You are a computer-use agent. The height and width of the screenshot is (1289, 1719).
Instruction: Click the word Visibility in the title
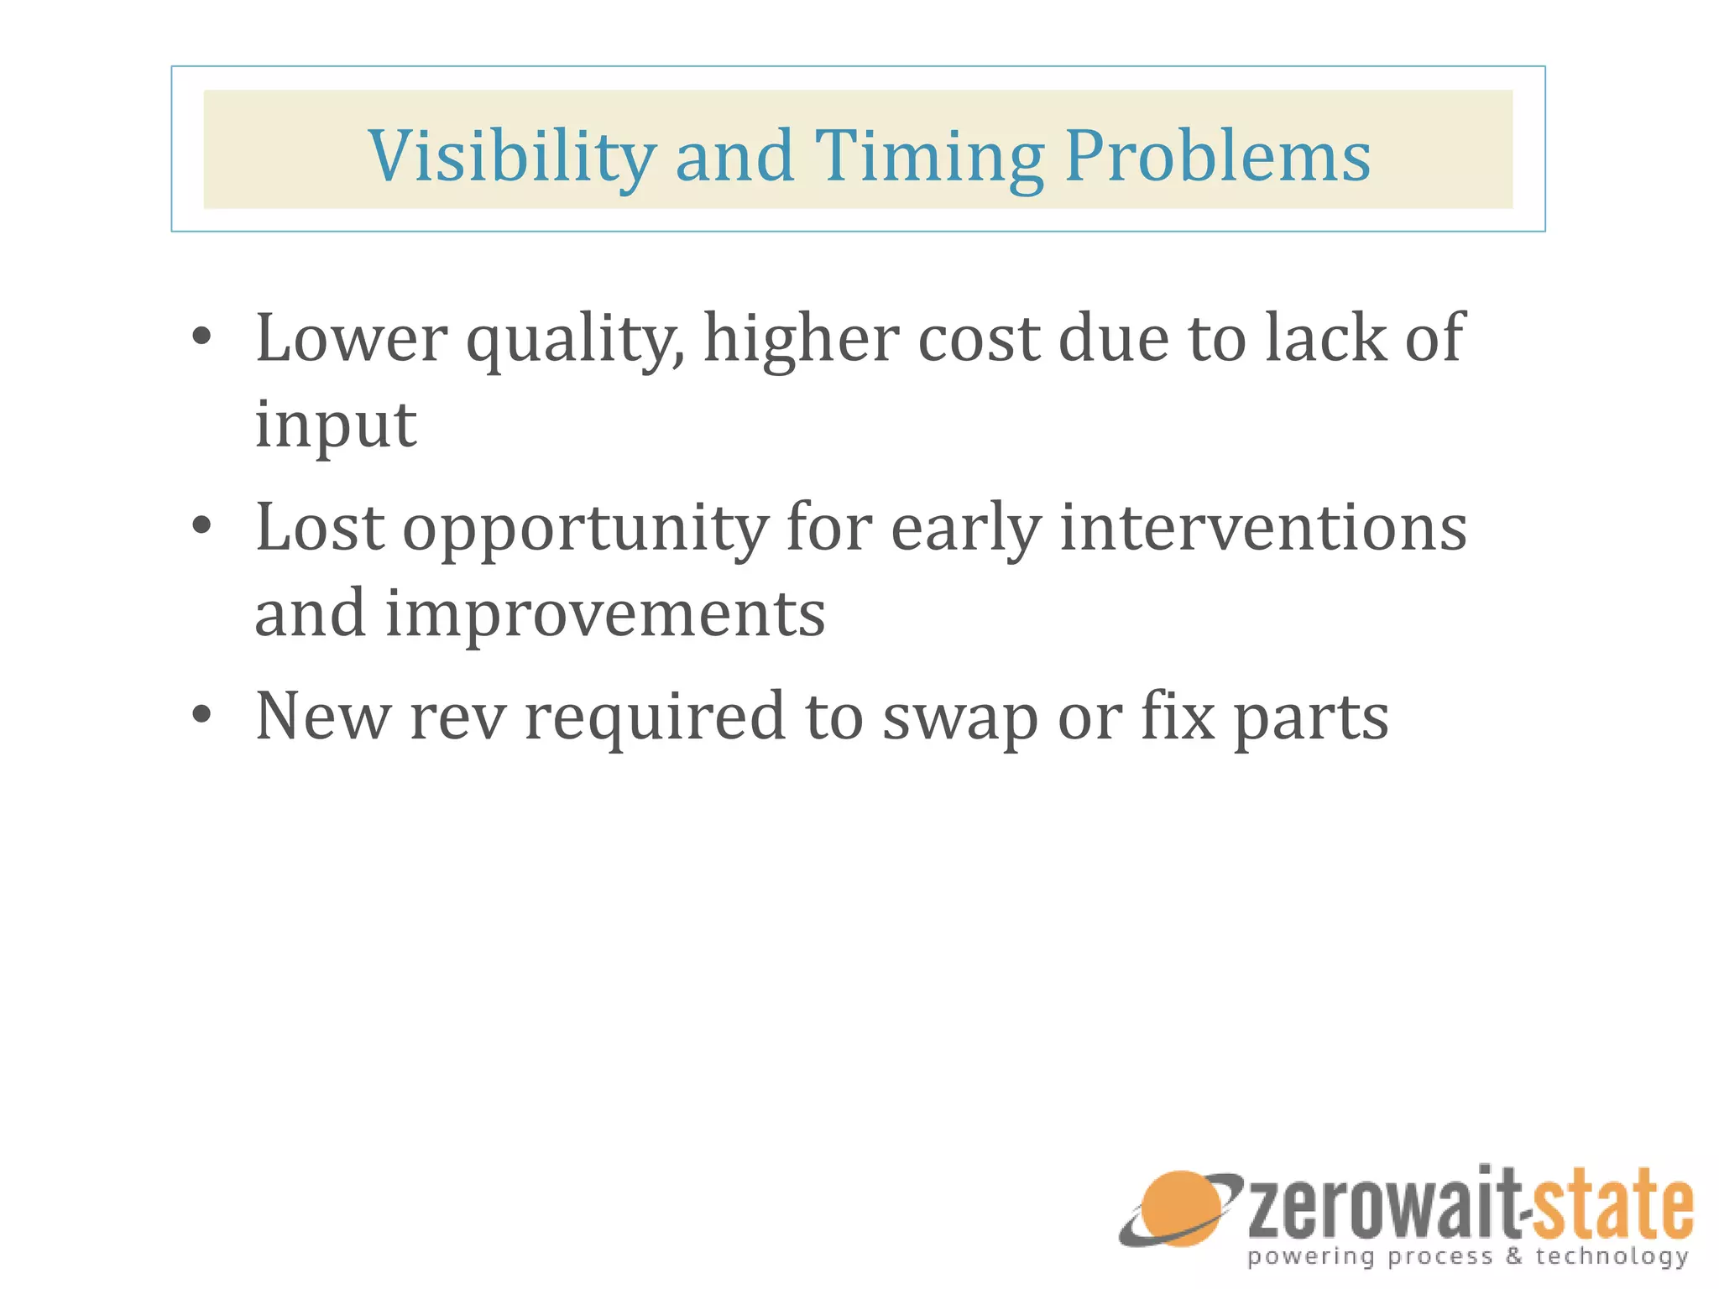click(511, 157)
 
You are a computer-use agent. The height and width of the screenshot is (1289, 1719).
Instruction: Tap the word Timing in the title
click(929, 157)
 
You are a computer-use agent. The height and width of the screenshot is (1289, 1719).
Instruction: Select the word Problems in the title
click(1217, 157)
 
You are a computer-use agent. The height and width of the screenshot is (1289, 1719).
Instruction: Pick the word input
click(335, 425)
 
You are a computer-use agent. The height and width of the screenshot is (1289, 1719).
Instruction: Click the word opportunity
click(585, 530)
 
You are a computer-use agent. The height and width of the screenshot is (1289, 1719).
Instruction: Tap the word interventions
click(1263, 528)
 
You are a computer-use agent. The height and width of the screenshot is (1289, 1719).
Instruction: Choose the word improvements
click(604, 614)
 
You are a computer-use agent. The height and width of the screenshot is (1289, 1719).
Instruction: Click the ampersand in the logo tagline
click(1514, 1256)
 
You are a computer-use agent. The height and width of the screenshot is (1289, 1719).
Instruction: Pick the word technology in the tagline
click(1612, 1257)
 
